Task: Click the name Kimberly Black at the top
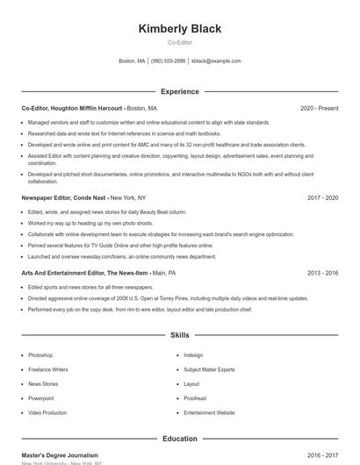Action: (x=180, y=28)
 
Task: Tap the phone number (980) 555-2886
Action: (x=168, y=61)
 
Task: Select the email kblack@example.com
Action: (x=216, y=61)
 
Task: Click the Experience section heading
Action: (x=180, y=91)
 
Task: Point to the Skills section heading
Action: (x=180, y=335)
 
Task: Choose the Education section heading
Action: (x=180, y=439)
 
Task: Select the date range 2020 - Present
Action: (x=319, y=108)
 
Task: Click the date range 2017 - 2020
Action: (x=322, y=198)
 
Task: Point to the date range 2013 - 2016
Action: (x=322, y=274)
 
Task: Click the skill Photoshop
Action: (x=40, y=355)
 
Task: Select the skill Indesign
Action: (x=193, y=355)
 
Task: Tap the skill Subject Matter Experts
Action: (x=209, y=369)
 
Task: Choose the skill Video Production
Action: (x=47, y=412)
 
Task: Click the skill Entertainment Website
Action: (x=209, y=412)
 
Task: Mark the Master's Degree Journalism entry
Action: (x=60, y=455)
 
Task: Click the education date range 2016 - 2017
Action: (x=322, y=455)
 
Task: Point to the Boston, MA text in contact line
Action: (x=132, y=61)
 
